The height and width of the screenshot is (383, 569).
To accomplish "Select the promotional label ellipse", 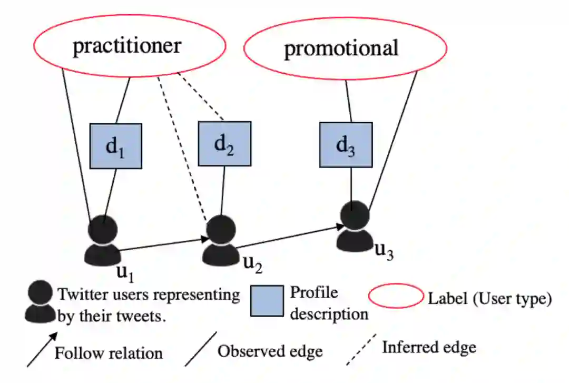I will (345, 48).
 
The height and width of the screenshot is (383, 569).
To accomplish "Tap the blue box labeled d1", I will (115, 146).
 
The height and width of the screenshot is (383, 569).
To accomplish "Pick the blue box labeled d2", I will (224, 143).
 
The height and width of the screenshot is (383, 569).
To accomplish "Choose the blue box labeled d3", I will (346, 145).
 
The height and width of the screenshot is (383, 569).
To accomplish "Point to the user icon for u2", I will (221, 240).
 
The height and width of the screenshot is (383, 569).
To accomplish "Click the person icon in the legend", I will (40, 301).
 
